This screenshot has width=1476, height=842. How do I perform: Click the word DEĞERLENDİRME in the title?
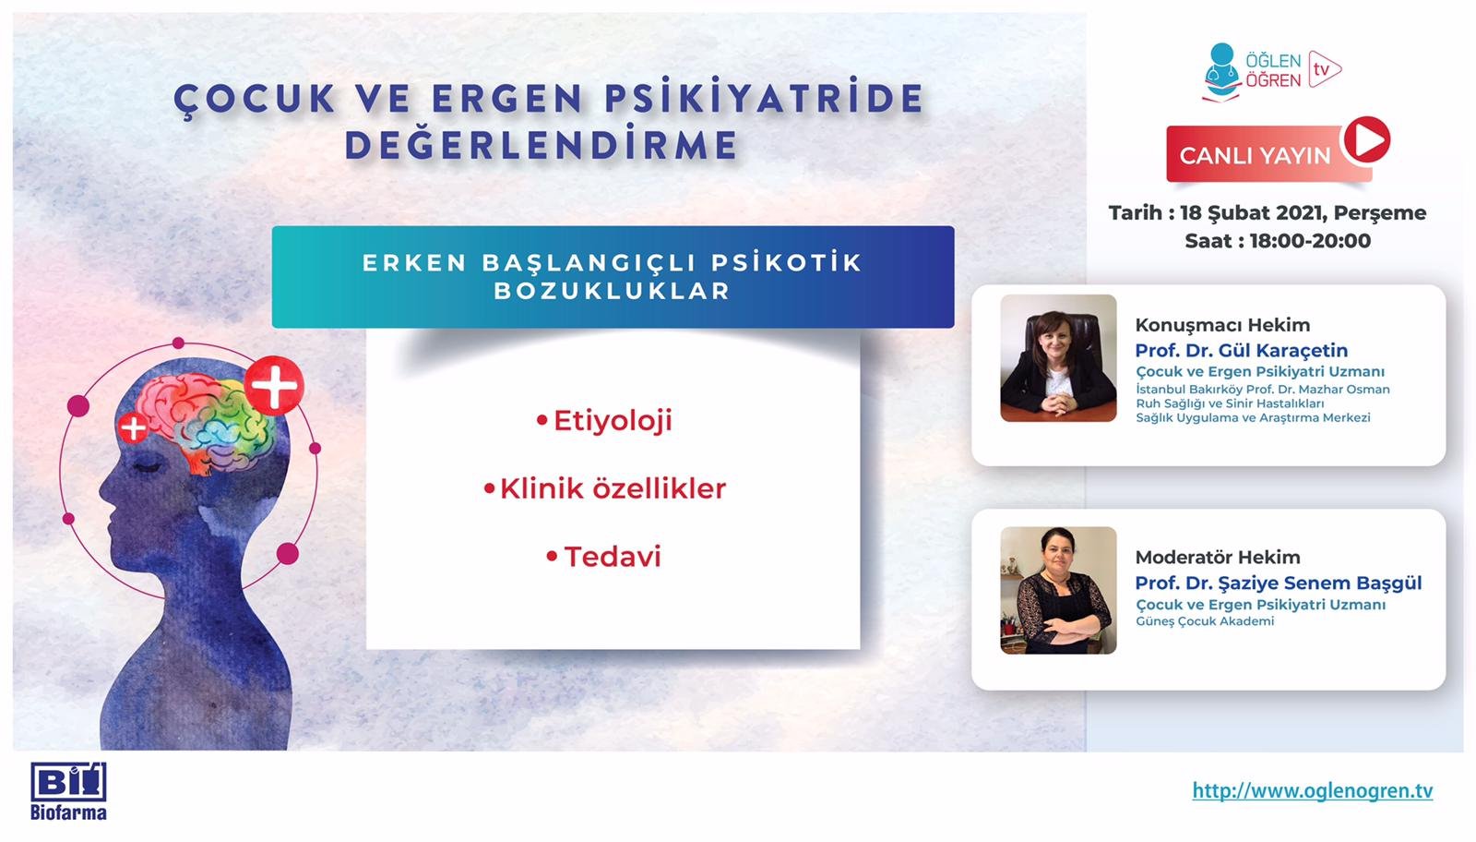(x=542, y=145)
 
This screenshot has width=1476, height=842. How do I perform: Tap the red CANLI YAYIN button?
(x=1255, y=155)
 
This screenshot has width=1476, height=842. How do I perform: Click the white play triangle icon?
(x=1366, y=140)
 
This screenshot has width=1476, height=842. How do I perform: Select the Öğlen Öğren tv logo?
(x=1271, y=71)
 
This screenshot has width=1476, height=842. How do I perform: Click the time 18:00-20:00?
(x=1310, y=241)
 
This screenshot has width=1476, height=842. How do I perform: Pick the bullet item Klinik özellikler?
(x=613, y=488)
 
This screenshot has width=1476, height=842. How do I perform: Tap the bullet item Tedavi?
(x=613, y=557)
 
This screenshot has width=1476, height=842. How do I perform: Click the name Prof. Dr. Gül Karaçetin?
(x=1241, y=351)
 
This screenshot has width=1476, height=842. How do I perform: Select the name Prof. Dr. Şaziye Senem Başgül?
(x=1278, y=583)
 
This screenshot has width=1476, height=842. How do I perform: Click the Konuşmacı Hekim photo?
(x=1058, y=358)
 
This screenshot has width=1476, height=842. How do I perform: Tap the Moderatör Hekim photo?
(x=1058, y=591)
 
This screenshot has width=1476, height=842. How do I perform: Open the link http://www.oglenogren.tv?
(x=1312, y=791)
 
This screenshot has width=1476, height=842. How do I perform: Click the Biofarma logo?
(x=68, y=791)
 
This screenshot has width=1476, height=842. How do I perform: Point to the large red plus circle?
(x=274, y=385)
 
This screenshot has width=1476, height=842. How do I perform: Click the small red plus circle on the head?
(x=134, y=427)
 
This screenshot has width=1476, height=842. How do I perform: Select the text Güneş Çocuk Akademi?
(x=1205, y=621)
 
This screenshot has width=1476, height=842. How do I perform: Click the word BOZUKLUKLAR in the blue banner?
(x=613, y=291)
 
